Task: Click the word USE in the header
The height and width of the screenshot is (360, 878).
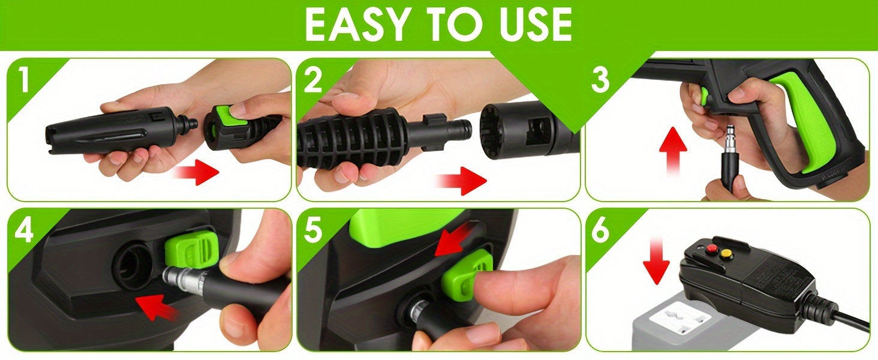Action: [530, 25]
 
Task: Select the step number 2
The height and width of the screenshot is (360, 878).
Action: [313, 79]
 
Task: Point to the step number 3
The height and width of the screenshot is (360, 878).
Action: [600, 79]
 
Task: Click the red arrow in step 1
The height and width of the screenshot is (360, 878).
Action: [197, 172]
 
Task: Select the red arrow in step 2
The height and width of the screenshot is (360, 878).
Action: [461, 181]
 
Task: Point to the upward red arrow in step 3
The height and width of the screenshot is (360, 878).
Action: [673, 151]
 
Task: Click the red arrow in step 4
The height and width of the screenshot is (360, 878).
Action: [156, 307]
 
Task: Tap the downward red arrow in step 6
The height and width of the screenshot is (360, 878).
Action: [656, 260]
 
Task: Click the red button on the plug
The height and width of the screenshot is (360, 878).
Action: [709, 248]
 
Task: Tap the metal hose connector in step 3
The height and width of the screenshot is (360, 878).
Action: [730, 139]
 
